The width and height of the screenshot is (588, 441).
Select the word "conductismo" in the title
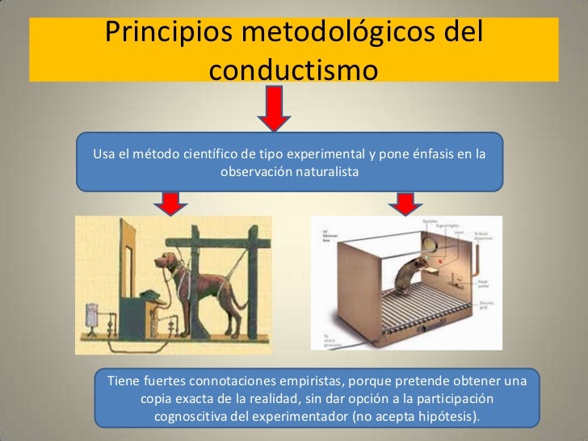[x=293, y=70]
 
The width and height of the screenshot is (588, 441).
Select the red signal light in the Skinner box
[x=440, y=260]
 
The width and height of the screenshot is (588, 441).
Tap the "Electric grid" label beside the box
[x=485, y=305]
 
